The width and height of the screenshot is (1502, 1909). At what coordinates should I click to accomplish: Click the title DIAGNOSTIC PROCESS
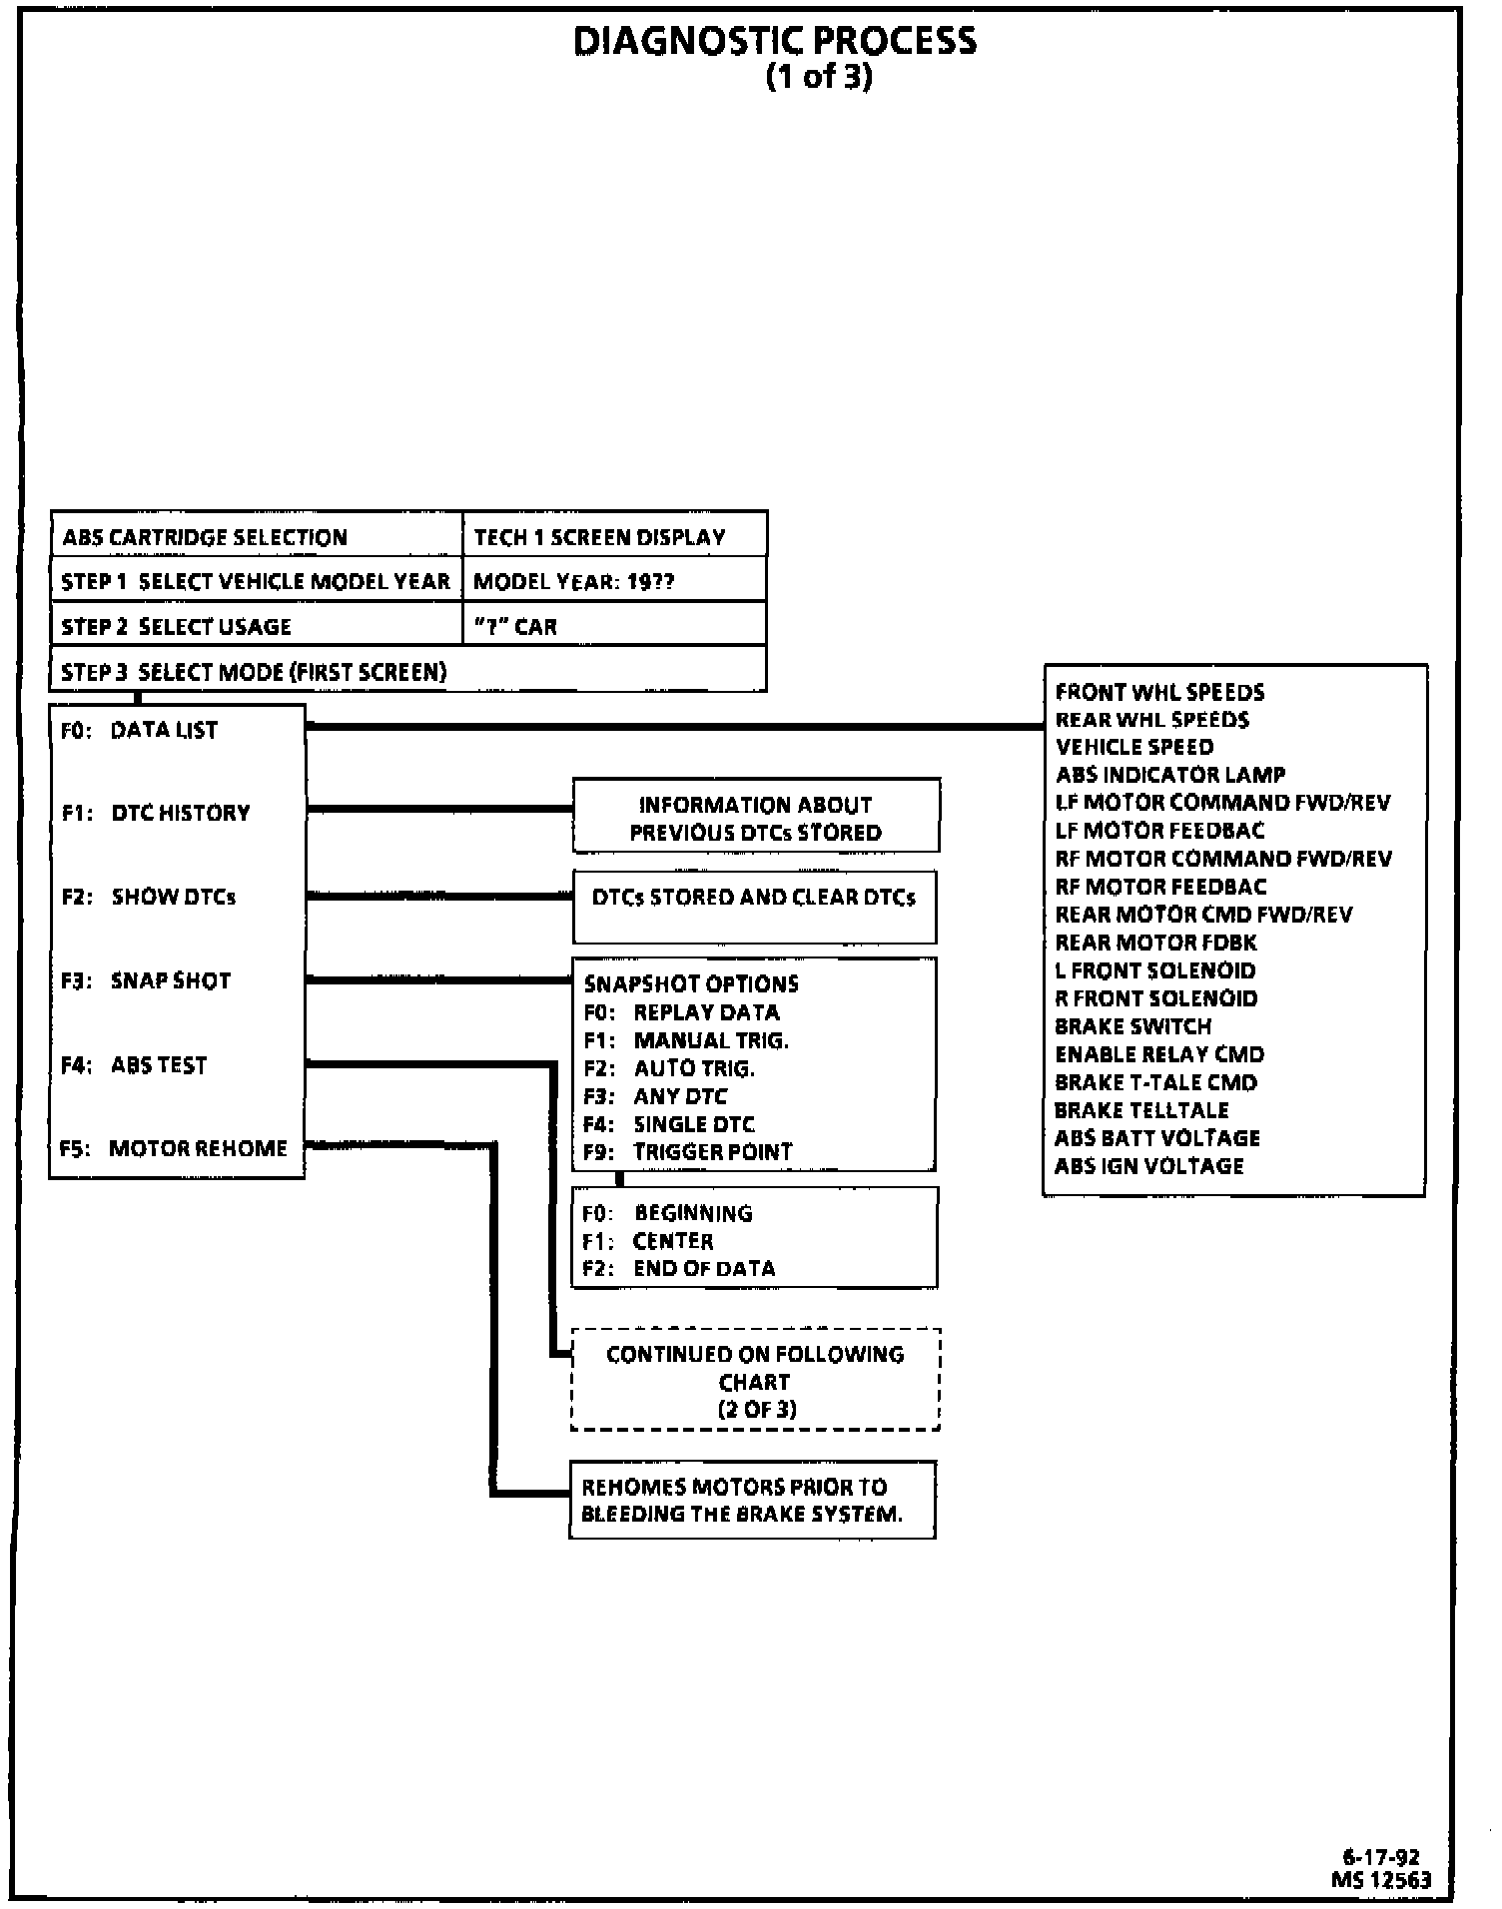pyautogui.click(x=775, y=42)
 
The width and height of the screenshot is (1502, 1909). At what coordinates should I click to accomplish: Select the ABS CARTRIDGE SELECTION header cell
pyautogui.click(x=205, y=537)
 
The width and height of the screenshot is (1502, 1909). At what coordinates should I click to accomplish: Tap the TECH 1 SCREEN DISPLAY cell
pyautogui.click(x=599, y=537)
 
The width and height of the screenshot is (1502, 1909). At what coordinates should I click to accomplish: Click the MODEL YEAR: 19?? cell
pyautogui.click(x=574, y=581)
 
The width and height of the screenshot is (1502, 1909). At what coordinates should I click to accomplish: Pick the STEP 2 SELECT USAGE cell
pyautogui.click(x=177, y=627)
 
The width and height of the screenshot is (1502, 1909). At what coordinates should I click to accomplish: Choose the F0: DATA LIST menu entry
pyautogui.click(x=140, y=730)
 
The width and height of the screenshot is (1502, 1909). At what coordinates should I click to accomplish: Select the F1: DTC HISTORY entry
pyautogui.click(x=156, y=813)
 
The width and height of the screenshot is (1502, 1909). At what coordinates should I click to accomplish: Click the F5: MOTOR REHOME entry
pyautogui.click(x=174, y=1148)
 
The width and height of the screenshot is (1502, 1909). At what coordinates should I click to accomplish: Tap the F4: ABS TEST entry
pyautogui.click(x=134, y=1065)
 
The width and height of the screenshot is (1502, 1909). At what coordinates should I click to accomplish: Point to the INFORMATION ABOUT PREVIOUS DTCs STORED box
pyautogui.click(x=755, y=819)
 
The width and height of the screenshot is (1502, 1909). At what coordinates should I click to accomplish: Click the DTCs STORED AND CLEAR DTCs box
pyautogui.click(x=754, y=898)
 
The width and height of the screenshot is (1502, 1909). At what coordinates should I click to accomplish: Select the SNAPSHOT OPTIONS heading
pyautogui.click(x=691, y=983)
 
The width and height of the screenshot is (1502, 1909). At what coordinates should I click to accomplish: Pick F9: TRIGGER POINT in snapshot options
pyautogui.click(x=688, y=1151)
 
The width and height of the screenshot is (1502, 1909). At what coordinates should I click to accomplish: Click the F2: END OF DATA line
pyautogui.click(x=679, y=1268)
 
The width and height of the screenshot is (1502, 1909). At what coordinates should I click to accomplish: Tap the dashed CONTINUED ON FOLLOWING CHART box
pyautogui.click(x=755, y=1382)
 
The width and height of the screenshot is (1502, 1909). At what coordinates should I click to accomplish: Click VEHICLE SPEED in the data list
pyautogui.click(x=1134, y=747)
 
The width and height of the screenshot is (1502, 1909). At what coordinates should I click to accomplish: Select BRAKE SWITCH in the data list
pyautogui.click(x=1133, y=1026)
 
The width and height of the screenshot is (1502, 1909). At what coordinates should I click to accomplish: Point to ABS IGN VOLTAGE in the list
pyautogui.click(x=1149, y=1166)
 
